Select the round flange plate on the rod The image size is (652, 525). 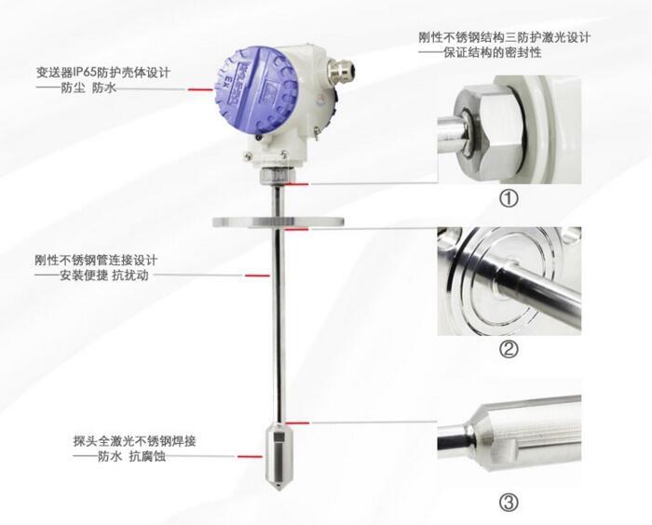(278, 222)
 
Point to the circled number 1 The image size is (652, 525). (509, 198)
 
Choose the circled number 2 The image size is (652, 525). (509, 350)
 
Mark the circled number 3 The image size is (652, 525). (509, 503)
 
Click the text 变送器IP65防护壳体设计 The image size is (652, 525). (103, 73)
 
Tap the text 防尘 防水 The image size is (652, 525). (88, 88)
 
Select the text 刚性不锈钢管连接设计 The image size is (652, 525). (96, 261)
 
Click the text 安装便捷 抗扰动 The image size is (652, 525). (104, 276)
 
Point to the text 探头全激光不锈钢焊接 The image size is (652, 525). (134, 440)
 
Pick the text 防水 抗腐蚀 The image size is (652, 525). (132, 456)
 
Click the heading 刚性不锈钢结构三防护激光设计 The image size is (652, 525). (505, 37)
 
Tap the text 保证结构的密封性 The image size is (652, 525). (493, 53)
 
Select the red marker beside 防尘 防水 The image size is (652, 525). (200, 89)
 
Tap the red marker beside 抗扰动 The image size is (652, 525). (257, 276)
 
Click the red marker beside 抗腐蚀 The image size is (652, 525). (251, 456)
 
